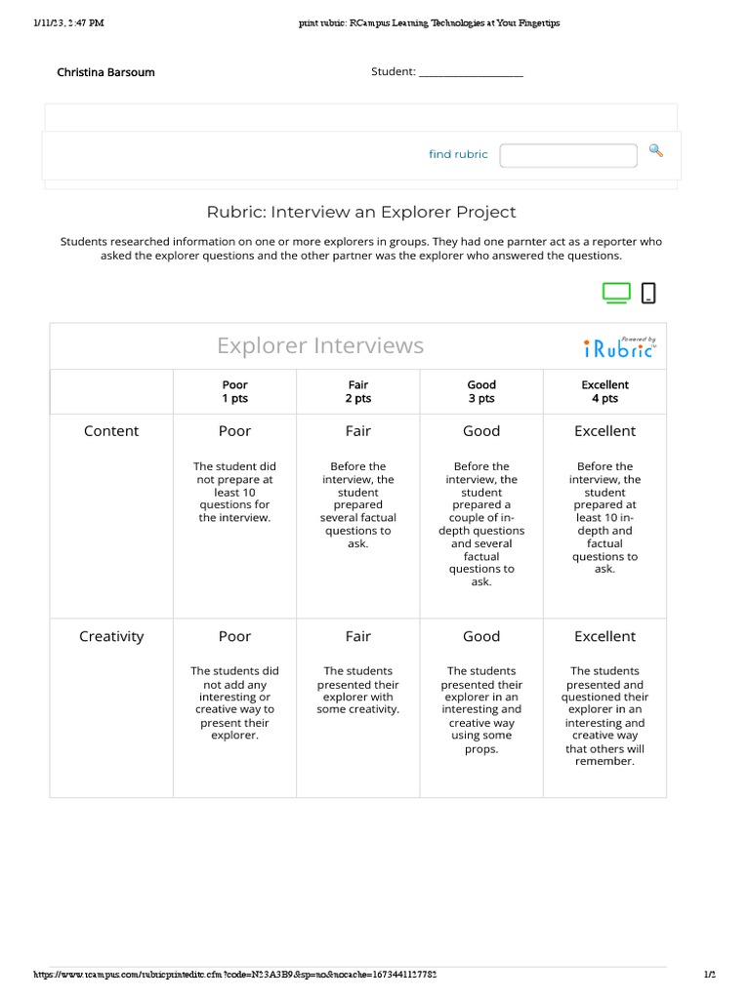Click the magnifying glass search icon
point(656,150)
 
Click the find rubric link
point(458,154)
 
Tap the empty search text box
point(568,154)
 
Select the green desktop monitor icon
point(616,293)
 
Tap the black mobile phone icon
point(647,293)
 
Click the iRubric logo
point(620,347)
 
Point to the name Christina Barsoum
point(105,72)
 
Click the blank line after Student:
point(471,73)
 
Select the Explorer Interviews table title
point(320,345)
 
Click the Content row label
point(111,431)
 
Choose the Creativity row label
point(111,636)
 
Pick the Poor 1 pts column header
point(234,391)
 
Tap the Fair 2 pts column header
point(358,391)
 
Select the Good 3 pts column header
point(481,391)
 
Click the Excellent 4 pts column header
point(604,391)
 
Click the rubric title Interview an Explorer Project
point(361,212)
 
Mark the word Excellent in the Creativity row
point(604,636)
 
